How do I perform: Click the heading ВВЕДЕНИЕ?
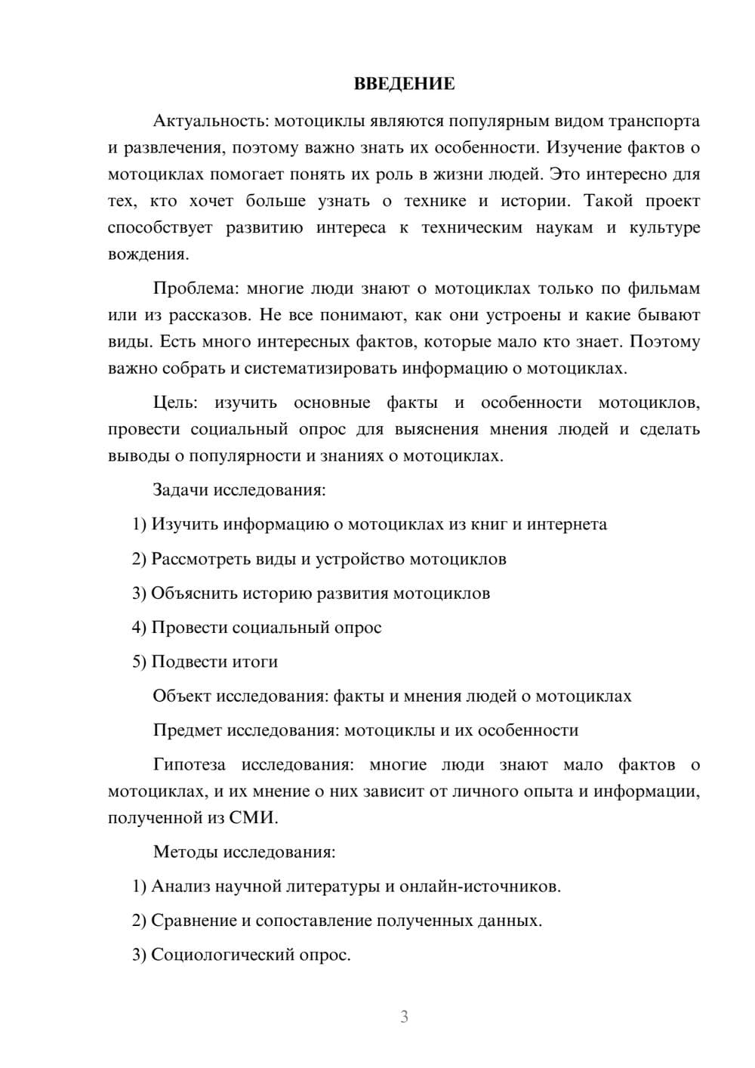pyautogui.click(x=404, y=84)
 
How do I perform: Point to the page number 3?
pyautogui.click(x=404, y=1017)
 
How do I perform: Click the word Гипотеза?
pyautogui.click(x=189, y=764)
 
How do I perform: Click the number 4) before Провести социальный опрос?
pyautogui.click(x=139, y=628)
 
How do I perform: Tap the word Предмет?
pyautogui.click(x=187, y=730)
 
